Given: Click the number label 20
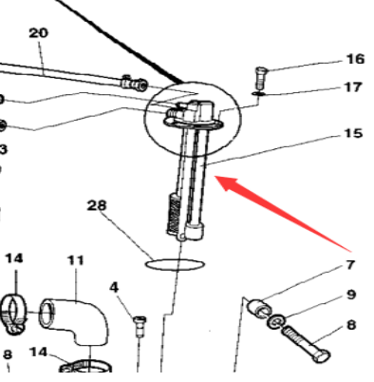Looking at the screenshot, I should coord(38,33).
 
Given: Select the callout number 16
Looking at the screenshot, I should coord(354,59).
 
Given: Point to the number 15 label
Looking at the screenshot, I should coord(353,134).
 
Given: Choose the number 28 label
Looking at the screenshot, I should coord(97,205).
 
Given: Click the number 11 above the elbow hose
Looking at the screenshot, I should coord(75,259).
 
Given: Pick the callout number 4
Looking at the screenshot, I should coord(114,286).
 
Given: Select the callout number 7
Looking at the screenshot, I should coord(349,264).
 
